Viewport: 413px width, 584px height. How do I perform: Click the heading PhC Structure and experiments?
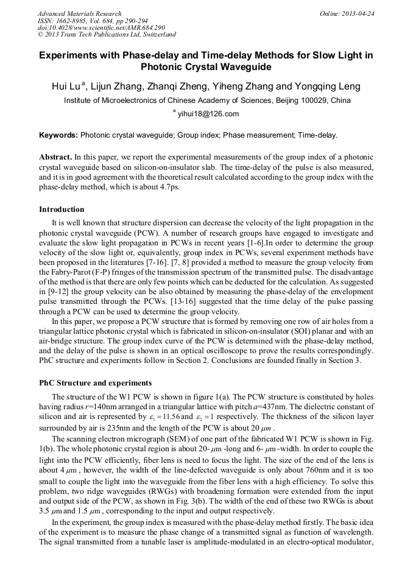point(95,383)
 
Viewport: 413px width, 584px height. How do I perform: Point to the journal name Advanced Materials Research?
point(79,13)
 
